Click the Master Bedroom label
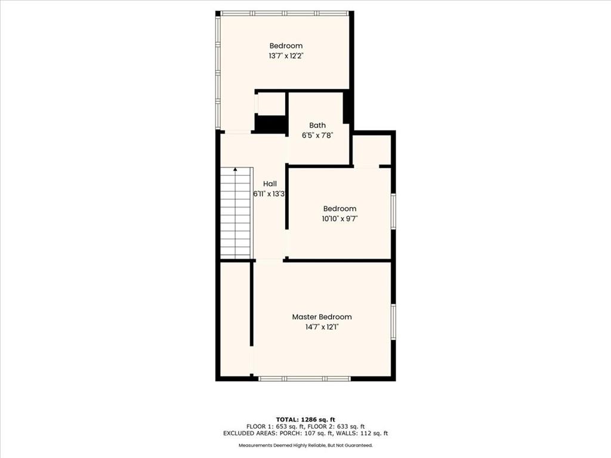coord(322,317)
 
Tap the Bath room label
coord(317,125)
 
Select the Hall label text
coord(270,184)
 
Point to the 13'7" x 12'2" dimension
coord(286,55)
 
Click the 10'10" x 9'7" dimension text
coord(340,218)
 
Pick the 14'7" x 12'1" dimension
coord(322,327)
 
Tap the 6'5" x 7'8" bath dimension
coord(317,135)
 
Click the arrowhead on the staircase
coord(235,169)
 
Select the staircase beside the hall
coord(236,213)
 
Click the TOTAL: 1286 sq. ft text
coord(305,419)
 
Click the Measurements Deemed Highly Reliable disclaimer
coord(305,445)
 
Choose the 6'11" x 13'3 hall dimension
coord(269,194)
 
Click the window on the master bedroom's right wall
coord(394,322)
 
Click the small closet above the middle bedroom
coord(371,150)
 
